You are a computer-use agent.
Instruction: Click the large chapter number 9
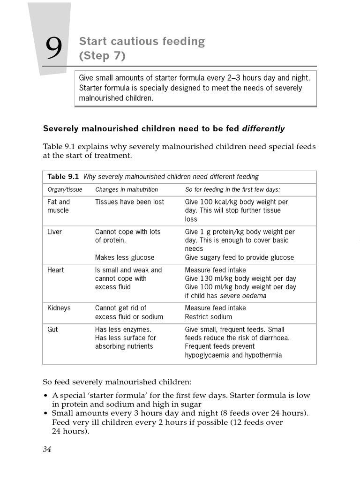pos(54,48)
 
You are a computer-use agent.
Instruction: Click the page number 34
pos(47,449)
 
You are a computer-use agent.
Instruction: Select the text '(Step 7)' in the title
pos(102,56)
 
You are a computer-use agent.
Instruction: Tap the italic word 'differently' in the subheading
pos(263,128)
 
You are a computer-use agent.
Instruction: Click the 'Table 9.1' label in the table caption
pos(63,177)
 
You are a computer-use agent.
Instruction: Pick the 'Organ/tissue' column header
pos(65,190)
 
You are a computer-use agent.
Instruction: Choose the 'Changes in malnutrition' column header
pos(127,190)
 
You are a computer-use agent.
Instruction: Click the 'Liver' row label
pos(54,232)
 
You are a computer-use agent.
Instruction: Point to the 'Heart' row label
pos(56,270)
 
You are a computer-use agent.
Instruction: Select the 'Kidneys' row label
pos(59,308)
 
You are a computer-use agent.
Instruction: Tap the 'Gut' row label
pos(52,330)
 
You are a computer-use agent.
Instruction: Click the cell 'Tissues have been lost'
pos(129,202)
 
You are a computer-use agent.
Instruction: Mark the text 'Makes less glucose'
pos(125,257)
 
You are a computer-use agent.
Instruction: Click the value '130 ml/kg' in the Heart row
pos(215,278)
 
